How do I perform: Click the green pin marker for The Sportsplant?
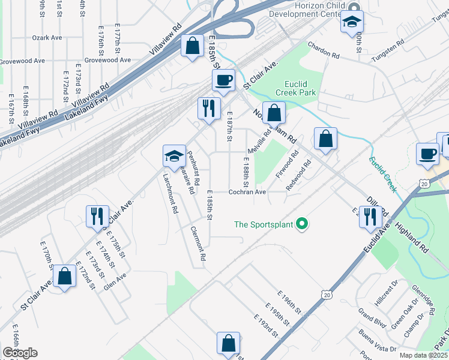[x=303, y=224]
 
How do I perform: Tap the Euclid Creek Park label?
[x=295, y=89]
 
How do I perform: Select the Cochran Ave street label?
[x=247, y=192]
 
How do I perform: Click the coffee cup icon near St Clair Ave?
[x=223, y=80]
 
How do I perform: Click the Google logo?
[x=20, y=353]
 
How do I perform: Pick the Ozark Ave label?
[x=48, y=37]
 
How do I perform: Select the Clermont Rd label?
[x=198, y=243]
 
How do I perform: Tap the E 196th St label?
[x=289, y=301]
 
